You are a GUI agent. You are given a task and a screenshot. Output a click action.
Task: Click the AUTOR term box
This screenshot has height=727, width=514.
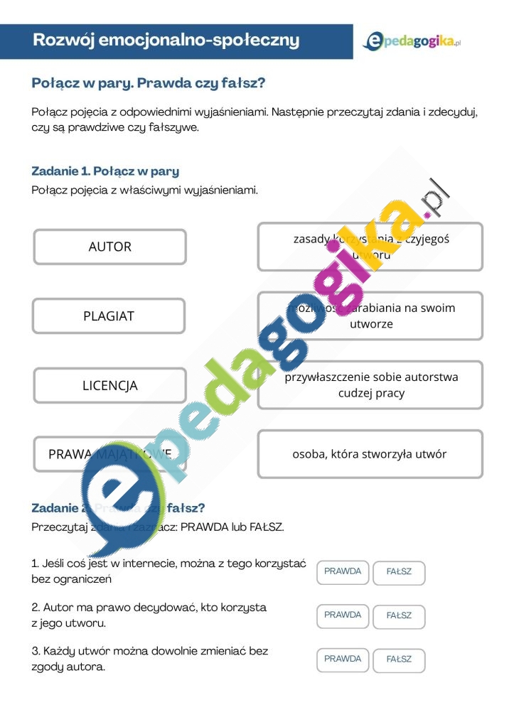[109, 247]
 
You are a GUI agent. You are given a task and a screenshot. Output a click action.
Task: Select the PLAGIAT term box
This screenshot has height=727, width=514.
[109, 316]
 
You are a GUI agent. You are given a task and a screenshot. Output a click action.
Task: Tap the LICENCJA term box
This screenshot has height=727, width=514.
[109, 386]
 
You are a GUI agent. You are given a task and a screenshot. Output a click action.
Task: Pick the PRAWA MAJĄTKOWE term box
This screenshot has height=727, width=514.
[109, 454]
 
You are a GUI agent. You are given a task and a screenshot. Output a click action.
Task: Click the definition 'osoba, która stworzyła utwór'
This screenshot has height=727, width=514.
[370, 454]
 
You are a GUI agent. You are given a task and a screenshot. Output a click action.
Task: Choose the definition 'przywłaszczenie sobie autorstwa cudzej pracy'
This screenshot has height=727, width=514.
[370, 384]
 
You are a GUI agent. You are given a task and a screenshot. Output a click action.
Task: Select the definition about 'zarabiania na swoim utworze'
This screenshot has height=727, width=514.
[370, 316]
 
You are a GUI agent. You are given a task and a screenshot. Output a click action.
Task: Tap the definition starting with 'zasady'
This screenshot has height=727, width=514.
[370, 247]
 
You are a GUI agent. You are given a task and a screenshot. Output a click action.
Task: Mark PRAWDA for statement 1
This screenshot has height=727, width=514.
[343, 572]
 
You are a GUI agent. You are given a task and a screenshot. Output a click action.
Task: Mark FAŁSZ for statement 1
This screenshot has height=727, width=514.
[399, 573]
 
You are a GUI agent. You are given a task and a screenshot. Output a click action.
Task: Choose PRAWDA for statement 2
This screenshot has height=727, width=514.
[343, 615]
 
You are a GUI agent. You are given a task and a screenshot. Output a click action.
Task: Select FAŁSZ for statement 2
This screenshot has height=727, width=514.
[399, 616]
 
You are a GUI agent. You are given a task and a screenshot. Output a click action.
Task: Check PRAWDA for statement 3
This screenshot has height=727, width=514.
[343, 659]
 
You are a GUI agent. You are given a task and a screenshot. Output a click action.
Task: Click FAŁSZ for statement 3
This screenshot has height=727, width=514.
[399, 660]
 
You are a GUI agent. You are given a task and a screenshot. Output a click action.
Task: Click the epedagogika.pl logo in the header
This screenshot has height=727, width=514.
[412, 42]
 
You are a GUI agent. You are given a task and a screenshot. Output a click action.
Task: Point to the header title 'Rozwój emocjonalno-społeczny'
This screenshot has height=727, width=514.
[166, 41]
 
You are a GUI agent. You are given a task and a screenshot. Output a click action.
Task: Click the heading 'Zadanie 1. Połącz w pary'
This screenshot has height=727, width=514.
[105, 171]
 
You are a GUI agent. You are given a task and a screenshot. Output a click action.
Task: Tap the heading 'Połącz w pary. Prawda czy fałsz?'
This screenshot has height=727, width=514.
[149, 83]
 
